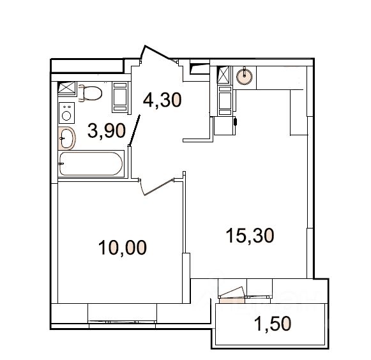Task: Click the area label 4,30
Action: point(162,100)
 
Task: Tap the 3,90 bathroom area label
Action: point(107,131)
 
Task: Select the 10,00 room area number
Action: point(123,248)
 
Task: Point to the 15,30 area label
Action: point(250,236)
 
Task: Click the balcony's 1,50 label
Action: point(272,324)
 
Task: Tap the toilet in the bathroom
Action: point(90,93)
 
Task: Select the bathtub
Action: point(91,164)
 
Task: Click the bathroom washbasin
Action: point(66,139)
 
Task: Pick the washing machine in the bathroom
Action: point(66,113)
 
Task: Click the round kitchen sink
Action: point(245,76)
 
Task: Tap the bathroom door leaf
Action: point(135,130)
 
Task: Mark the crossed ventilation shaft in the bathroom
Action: point(66,87)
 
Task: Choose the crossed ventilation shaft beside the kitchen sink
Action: point(223,75)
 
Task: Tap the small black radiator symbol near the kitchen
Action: point(235,121)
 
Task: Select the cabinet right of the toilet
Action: point(120,97)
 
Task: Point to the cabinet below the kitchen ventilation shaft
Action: point(225,101)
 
